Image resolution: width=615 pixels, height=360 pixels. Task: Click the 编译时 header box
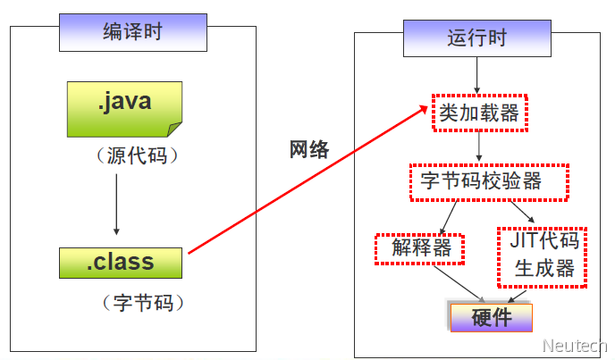coord(132,34)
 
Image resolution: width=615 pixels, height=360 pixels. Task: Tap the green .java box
coord(124,108)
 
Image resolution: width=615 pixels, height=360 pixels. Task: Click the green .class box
coord(120,263)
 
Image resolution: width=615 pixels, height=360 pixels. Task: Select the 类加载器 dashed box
coord(478,113)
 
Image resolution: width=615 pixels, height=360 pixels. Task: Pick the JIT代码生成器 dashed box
coord(543,255)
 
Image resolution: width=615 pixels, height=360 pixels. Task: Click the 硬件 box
coord(491,316)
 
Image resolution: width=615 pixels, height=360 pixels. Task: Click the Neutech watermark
coord(575,346)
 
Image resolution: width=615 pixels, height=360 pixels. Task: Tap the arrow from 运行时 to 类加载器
coord(477,76)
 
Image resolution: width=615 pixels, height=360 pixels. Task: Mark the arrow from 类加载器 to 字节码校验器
coord(480,147)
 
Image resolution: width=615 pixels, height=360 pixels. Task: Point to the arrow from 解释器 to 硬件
coord(456,284)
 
